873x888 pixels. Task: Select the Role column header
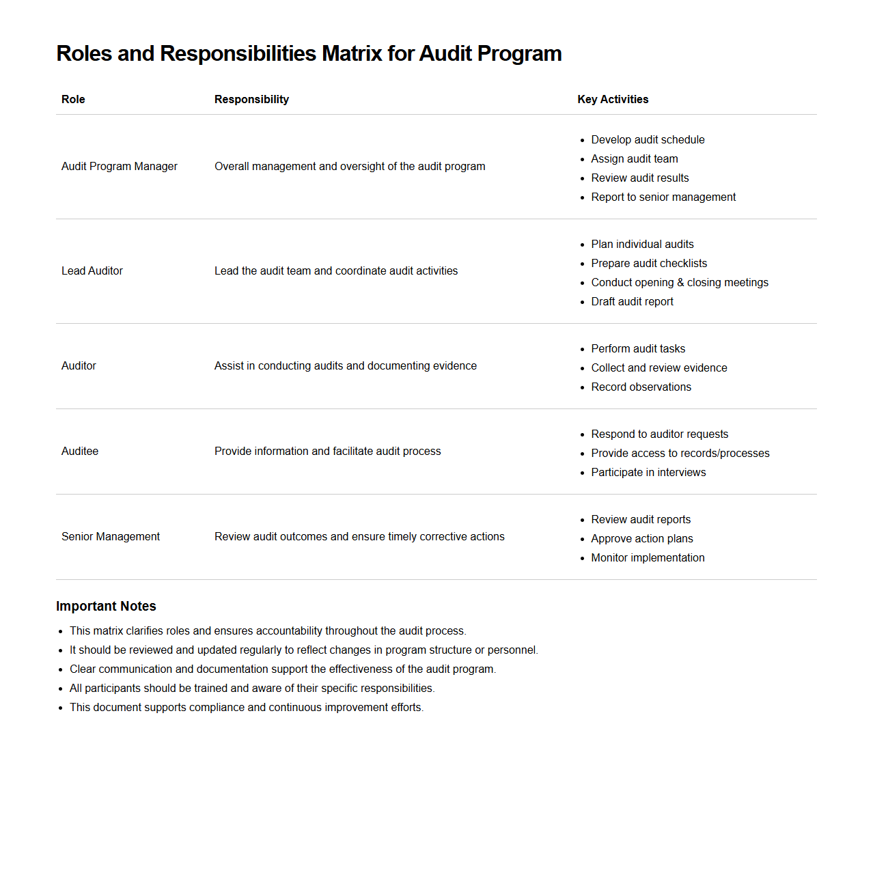click(x=73, y=100)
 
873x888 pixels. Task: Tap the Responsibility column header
click(x=251, y=100)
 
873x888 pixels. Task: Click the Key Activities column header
click(x=613, y=100)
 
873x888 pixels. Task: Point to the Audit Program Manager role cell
click(x=120, y=167)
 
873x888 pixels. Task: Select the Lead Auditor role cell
click(x=92, y=271)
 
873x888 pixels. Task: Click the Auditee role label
click(x=80, y=452)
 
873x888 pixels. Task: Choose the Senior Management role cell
click(x=111, y=537)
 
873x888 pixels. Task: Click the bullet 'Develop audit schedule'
click(x=648, y=140)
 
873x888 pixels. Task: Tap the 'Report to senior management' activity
click(x=663, y=197)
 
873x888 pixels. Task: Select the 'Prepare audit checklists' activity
click(x=649, y=264)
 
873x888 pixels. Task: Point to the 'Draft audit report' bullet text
click(x=632, y=302)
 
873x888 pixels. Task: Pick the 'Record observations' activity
click(x=641, y=387)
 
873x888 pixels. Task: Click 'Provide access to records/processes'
click(x=680, y=454)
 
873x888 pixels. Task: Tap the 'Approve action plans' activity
click(x=641, y=539)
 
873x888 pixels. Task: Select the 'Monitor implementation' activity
click(x=648, y=558)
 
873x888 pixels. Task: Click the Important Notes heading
click(x=106, y=607)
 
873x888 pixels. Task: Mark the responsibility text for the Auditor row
click(x=345, y=366)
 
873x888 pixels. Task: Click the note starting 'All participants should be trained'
click(x=251, y=689)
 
